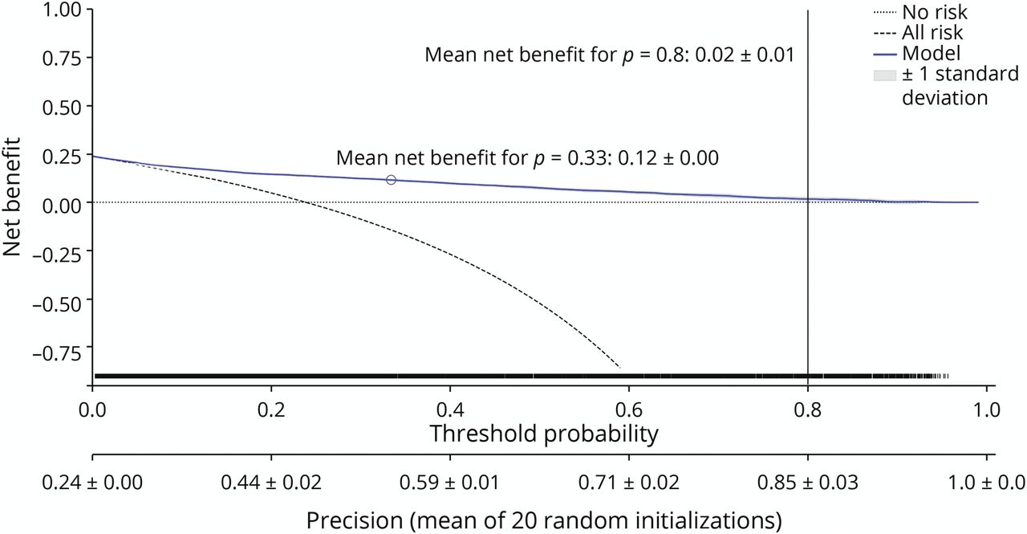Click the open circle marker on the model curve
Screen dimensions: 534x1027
[391, 180]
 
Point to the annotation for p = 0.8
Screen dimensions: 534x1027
[610, 55]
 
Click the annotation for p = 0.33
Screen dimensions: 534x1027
[527, 157]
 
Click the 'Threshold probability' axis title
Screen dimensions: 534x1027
[544, 434]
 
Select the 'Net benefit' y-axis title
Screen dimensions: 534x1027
[14, 198]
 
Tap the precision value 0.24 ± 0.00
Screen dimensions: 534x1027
[92, 483]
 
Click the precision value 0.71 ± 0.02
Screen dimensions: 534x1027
[628, 483]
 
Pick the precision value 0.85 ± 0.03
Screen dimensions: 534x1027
[807, 483]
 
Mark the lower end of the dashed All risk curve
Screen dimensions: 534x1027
[619, 367]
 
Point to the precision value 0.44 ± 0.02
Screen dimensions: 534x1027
[271, 483]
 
